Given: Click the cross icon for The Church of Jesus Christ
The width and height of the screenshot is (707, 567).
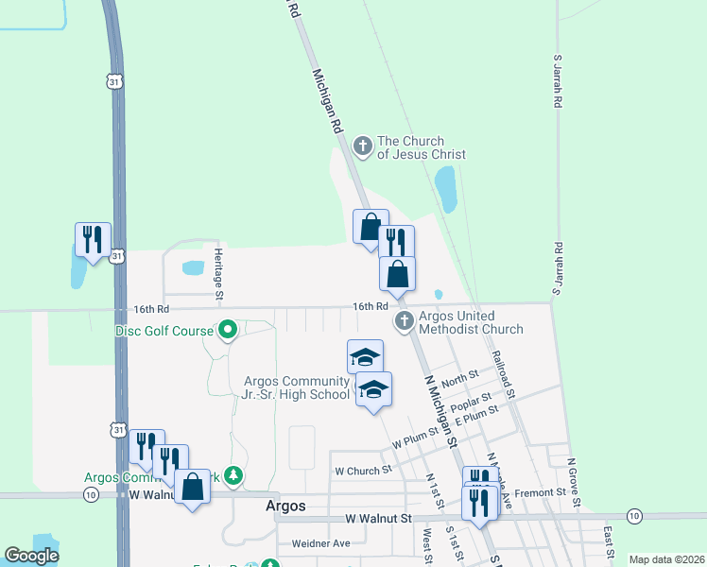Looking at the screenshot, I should point(362,146).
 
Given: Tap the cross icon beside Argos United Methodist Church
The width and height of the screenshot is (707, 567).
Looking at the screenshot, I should point(404,321).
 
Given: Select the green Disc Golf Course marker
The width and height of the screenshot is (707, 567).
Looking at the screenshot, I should point(228,331).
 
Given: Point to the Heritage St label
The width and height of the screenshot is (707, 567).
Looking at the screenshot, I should point(218,275).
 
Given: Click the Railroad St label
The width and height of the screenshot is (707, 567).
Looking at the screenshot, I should point(503,375).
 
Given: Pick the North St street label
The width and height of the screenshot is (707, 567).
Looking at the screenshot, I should point(459,379).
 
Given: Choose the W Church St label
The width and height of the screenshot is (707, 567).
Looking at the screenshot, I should point(363,470).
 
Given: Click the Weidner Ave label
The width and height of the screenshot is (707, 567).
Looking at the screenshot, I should point(320,543).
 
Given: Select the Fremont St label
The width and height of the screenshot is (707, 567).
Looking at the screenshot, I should point(542,492).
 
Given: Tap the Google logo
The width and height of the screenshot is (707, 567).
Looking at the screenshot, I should point(32,556).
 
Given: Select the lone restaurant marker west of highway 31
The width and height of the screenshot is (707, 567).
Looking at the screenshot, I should point(93,240).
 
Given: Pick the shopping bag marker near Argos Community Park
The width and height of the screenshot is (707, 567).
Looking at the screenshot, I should point(193,488).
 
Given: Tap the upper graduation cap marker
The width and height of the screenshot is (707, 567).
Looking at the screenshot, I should point(365,357).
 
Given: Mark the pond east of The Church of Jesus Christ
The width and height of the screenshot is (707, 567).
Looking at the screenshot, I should point(444,189).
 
